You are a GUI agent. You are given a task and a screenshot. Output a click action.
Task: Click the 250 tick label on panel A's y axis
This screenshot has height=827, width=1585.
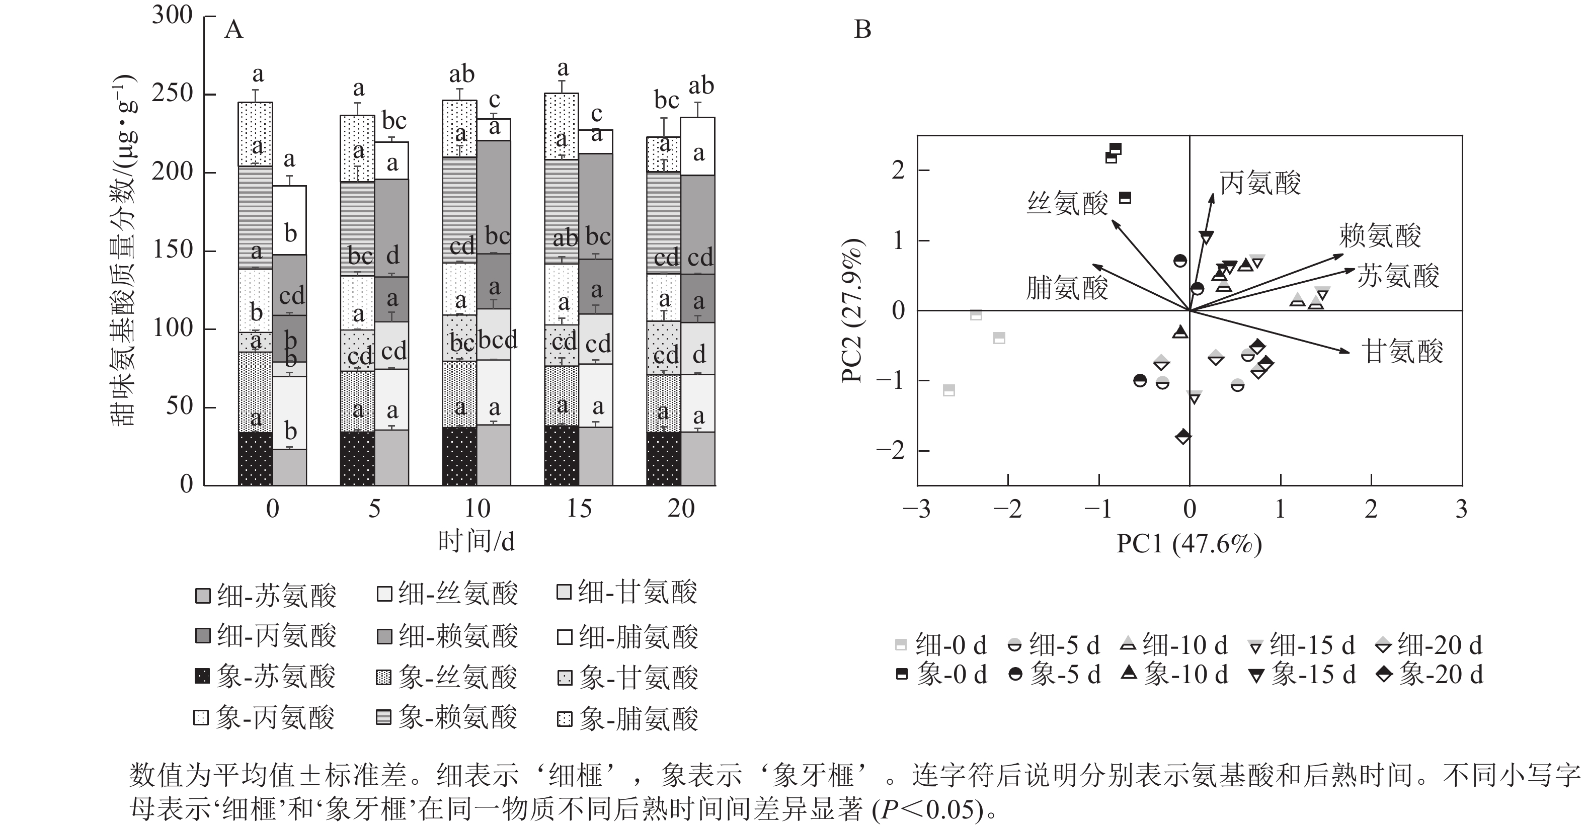click(172, 94)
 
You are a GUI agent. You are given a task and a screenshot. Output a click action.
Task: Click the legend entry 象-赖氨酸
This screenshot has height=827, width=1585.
click(446, 717)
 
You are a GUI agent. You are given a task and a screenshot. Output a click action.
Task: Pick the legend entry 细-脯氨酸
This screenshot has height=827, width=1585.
click(627, 636)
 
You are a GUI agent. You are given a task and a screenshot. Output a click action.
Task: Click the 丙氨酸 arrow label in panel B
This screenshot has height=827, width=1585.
click(1260, 184)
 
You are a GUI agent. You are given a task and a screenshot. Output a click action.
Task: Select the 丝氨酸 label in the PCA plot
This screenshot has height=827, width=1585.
click(1068, 203)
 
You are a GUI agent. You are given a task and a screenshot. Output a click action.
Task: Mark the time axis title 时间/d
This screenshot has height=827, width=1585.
click(476, 541)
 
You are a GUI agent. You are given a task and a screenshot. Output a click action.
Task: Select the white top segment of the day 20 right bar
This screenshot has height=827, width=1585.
click(698, 146)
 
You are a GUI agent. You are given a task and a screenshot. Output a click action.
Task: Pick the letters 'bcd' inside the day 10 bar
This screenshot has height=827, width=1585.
click(498, 340)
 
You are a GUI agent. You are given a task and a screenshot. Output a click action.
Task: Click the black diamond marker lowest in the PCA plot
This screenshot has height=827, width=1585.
click(1183, 437)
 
